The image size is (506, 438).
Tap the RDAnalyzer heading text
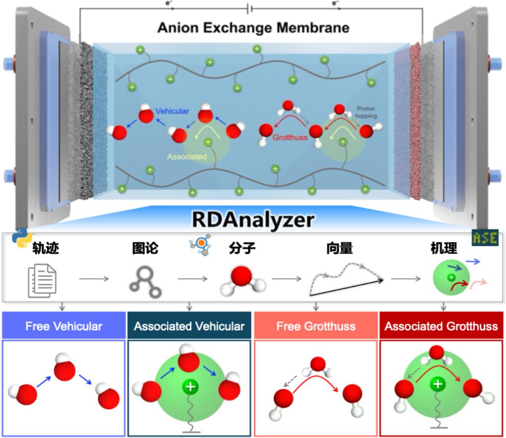pos(253,219)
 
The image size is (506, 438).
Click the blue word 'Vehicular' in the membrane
pos(172,111)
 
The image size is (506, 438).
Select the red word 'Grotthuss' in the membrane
pos(290,137)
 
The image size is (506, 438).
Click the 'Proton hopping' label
pos(366,112)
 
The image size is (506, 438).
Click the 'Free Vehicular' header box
pos(64,326)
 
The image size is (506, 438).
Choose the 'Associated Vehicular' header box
pos(189,326)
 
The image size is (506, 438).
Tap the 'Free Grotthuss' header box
pos(316,326)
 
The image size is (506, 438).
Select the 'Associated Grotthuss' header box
pos(441,326)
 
